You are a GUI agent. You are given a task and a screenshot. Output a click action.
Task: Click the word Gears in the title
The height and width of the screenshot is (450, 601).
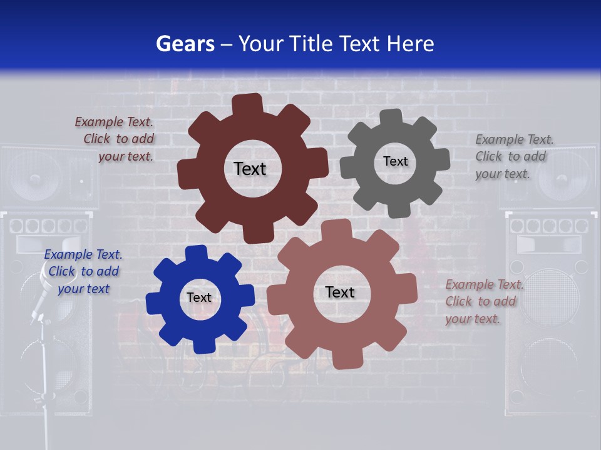pos(185,44)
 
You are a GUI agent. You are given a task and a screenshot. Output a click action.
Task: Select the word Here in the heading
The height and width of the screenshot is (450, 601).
pos(410,44)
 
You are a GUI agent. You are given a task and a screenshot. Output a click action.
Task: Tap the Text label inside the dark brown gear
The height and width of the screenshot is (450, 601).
pos(250,169)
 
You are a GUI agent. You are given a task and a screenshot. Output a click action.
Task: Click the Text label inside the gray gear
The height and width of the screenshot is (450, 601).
pos(395,161)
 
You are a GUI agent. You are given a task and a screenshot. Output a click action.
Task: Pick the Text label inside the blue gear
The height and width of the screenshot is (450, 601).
pos(199,297)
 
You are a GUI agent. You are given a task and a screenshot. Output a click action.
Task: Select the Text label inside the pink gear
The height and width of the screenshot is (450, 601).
pos(340,292)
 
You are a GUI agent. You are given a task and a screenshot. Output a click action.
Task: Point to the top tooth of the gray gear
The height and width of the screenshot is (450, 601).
pos(391,117)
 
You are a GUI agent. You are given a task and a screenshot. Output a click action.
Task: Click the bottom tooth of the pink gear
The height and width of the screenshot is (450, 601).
pos(343,359)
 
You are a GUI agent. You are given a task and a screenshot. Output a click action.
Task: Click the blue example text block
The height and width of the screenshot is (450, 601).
pos(83,272)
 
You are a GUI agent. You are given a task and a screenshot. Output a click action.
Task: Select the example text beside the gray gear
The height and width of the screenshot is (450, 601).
pos(514,157)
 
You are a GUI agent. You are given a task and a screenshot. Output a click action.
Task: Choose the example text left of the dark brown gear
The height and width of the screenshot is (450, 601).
pos(115,139)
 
